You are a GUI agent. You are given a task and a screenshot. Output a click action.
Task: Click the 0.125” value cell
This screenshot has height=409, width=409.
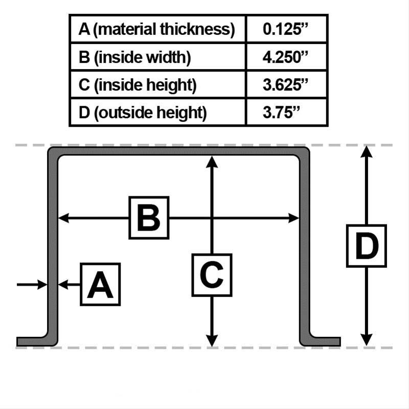pos(285,29)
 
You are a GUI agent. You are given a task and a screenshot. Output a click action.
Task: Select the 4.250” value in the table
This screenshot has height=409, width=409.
pos(285,57)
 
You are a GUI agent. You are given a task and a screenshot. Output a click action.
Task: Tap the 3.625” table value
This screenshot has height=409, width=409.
pos(285,85)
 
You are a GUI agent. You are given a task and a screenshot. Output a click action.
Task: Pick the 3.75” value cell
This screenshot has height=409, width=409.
pos(281,112)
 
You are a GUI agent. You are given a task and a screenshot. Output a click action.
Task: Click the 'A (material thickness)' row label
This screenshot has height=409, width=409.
pos(157,29)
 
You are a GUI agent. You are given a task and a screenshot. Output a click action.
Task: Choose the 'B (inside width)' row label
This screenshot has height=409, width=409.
pos(134,57)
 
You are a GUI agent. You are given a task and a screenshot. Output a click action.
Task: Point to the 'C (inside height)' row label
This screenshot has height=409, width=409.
pos(138,85)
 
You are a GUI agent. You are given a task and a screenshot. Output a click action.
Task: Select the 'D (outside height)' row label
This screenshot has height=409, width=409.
pos(143,113)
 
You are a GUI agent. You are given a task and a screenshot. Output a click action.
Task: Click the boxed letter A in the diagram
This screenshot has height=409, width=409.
pos(100,284)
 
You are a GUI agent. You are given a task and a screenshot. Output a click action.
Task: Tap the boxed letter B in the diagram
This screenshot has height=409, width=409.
pos(149,218)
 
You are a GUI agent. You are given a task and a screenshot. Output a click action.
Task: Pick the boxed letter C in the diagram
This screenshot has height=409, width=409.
pos(212,275)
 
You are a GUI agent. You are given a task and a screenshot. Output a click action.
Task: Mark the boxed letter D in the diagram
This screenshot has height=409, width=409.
pos(367,246)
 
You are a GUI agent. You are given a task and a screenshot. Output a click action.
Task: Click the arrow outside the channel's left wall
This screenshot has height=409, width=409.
pos(32,284)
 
